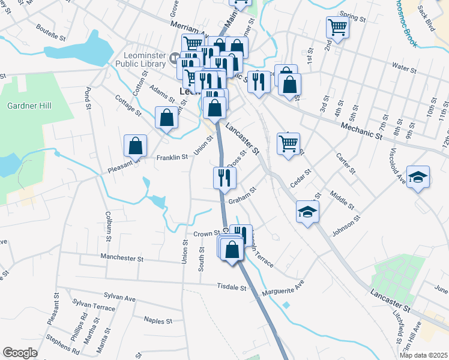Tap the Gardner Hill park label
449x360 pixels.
click(x=29, y=106)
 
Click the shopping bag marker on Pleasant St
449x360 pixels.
click(x=136, y=145)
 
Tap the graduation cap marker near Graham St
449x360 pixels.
click(x=307, y=212)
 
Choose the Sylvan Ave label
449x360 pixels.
click(x=120, y=297)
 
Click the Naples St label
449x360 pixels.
click(x=158, y=321)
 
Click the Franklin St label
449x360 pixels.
click(x=172, y=157)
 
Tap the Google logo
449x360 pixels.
click(x=20, y=353)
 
